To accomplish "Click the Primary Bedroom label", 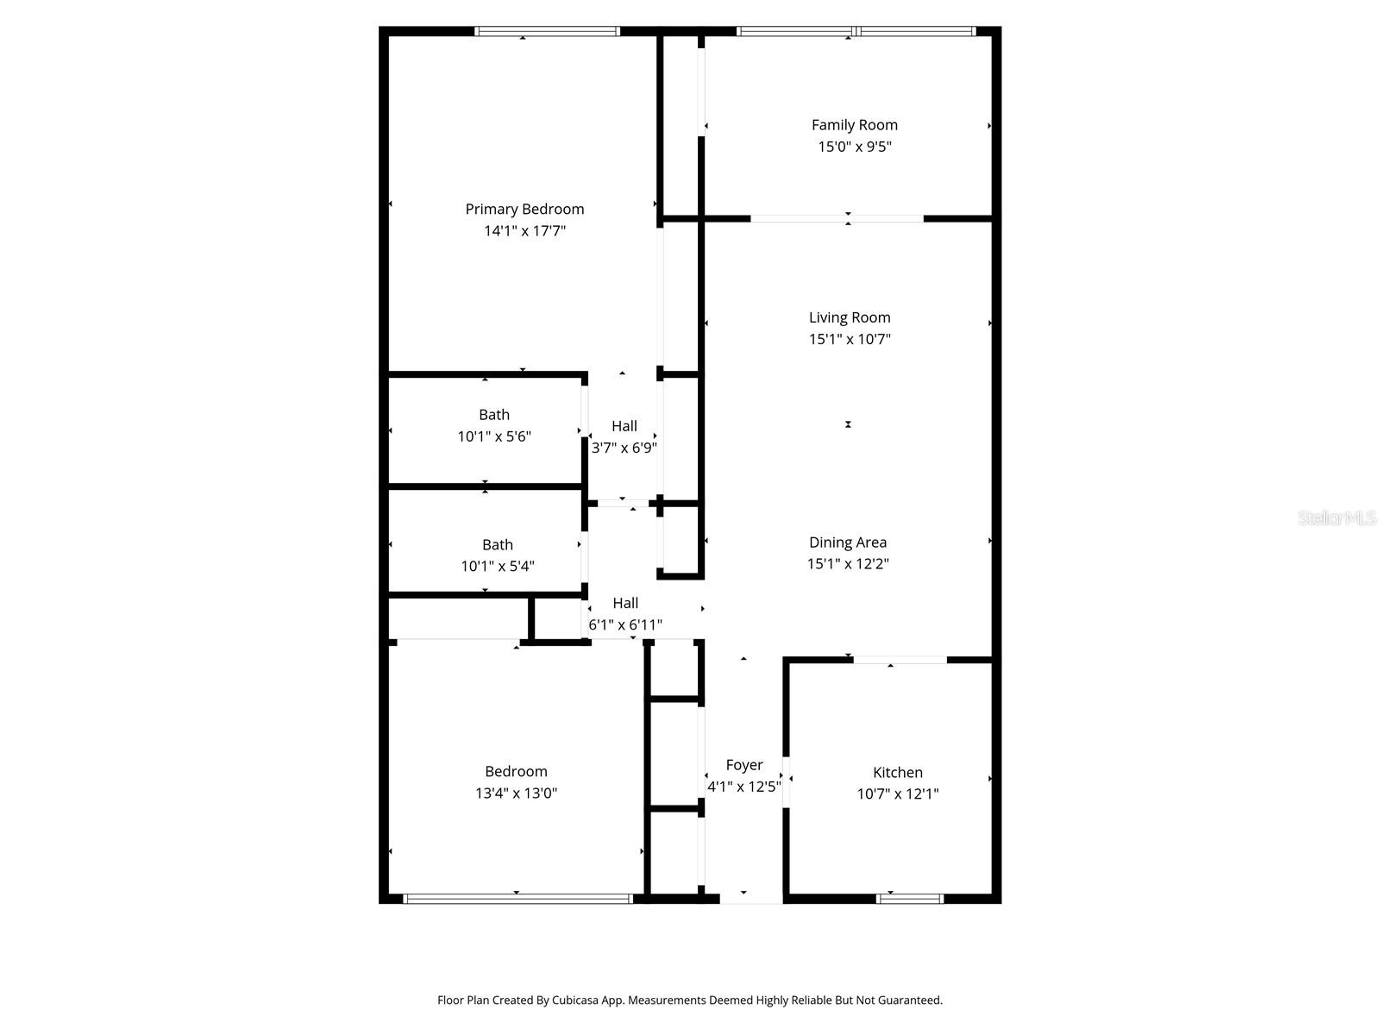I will point(524,209).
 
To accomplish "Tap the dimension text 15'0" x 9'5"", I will point(854,147).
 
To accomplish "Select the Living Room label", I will point(850,317).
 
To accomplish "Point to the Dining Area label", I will point(847,543).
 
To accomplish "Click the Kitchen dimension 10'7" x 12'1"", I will point(897,794).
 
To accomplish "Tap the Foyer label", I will point(743,765).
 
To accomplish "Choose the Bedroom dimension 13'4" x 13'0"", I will point(516,793).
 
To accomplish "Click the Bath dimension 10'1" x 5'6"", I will point(493,436).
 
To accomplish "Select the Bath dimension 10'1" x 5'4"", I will point(497,567).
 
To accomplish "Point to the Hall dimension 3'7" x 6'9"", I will point(624,448).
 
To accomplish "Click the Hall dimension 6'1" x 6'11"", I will point(625,624).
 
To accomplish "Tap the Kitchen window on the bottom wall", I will point(909,899).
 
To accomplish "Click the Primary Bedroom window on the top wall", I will point(547,32).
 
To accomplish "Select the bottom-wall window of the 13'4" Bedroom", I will point(517,899).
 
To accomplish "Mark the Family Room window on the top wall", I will point(856,32).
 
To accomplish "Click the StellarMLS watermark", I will point(1337,517).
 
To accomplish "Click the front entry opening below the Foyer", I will point(750,900).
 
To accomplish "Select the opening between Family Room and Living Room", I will point(837,218).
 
